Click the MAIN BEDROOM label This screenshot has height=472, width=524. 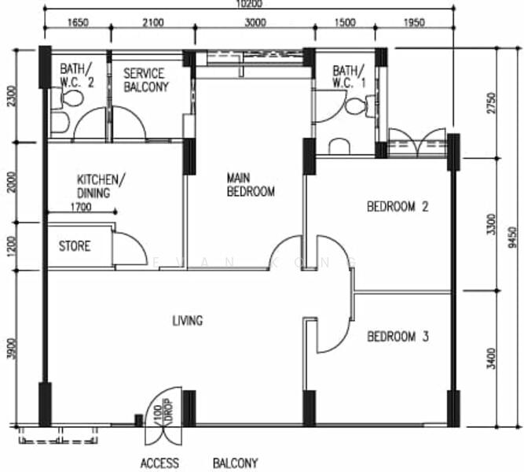click(x=251, y=184)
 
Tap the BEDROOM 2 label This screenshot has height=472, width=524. click(x=398, y=208)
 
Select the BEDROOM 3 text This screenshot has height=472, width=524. click(x=398, y=337)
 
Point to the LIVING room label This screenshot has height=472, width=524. click(x=188, y=320)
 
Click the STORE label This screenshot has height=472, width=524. click(x=75, y=246)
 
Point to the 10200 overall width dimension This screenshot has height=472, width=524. click(x=249, y=5)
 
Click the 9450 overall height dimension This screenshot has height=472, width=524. click(x=512, y=234)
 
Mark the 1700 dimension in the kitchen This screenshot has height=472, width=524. click(x=81, y=208)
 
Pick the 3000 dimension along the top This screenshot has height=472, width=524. click(x=255, y=24)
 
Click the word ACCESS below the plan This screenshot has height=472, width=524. click(x=159, y=463)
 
